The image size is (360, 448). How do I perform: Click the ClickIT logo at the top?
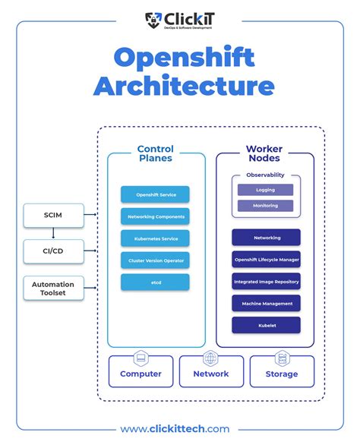coord(179,20)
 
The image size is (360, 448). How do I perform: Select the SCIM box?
coord(52,215)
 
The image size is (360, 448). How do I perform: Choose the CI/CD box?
coord(52,251)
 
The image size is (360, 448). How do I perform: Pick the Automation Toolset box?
coord(52,289)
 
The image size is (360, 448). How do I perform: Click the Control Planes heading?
coord(155,153)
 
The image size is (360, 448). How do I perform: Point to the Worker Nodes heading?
coord(264,153)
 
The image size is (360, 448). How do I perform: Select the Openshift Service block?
coord(155,194)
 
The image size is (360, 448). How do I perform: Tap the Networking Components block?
coord(155,216)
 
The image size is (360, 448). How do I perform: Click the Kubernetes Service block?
coord(155,238)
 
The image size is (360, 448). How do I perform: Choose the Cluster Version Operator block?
coord(155,260)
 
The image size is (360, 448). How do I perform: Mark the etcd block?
coord(155,282)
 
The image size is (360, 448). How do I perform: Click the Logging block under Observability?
coord(265,190)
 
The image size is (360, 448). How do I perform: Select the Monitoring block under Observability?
coord(265,206)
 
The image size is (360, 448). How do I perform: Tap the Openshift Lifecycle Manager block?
coord(266,260)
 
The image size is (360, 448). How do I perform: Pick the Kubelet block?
coord(266,325)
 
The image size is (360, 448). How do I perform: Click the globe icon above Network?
coord(210,358)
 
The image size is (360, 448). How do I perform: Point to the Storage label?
coord(281,374)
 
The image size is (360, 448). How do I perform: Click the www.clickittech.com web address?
coord(179,429)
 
